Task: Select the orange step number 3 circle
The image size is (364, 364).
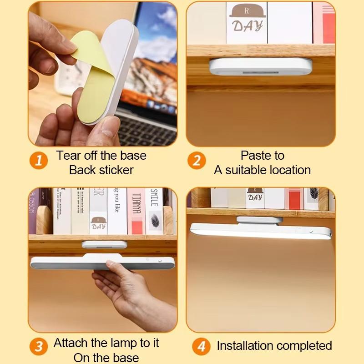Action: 39,347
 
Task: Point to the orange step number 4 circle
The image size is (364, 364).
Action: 201,346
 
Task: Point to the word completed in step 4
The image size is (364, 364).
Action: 309,346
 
